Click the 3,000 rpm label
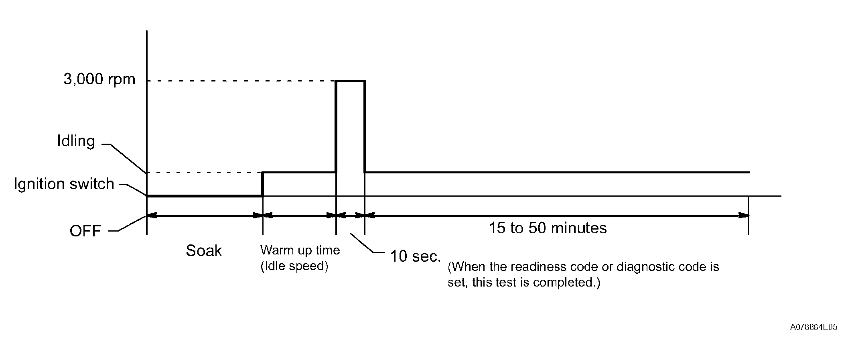point(99,79)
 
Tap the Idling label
point(76,141)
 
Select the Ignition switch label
point(64,184)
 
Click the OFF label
point(85,231)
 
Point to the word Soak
point(204,250)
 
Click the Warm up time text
point(300,250)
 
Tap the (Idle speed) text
point(294,266)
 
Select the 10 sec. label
point(416,256)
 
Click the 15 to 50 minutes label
point(548,228)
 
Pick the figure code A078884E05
point(814,327)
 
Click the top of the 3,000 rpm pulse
point(351,81)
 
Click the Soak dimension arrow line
point(205,216)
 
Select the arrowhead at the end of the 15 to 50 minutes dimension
point(744,216)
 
